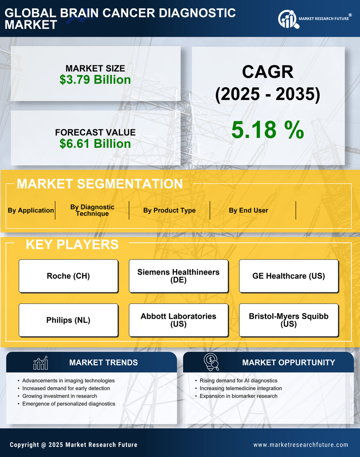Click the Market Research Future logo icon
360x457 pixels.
(x=288, y=19)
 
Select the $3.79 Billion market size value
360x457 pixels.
(x=95, y=80)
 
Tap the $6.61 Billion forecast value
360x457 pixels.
(x=95, y=144)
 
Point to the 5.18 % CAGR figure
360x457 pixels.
(x=267, y=130)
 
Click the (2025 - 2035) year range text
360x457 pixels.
(x=267, y=95)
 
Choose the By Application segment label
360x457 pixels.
(x=31, y=210)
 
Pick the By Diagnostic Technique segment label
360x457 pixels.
(x=92, y=210)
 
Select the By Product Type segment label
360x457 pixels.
(x=169, y=210)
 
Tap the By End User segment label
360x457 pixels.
(x=248, y=210)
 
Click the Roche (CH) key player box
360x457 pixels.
(x=68, y=276)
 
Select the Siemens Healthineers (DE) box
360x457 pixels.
(x=178, y=276)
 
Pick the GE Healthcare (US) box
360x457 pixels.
(x=289, y=276)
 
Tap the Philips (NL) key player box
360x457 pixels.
(x=68, y=320)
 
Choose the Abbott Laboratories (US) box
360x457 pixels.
(x=178, y=320)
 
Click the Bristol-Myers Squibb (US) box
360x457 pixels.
(x=289, y=320)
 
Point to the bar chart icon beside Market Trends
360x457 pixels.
(x=40, y=363)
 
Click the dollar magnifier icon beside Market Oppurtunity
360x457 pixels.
(x=211, y=363)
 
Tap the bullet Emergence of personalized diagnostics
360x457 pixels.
(x=69, y=404)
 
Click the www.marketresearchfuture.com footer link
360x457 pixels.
(x=301, y=445)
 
